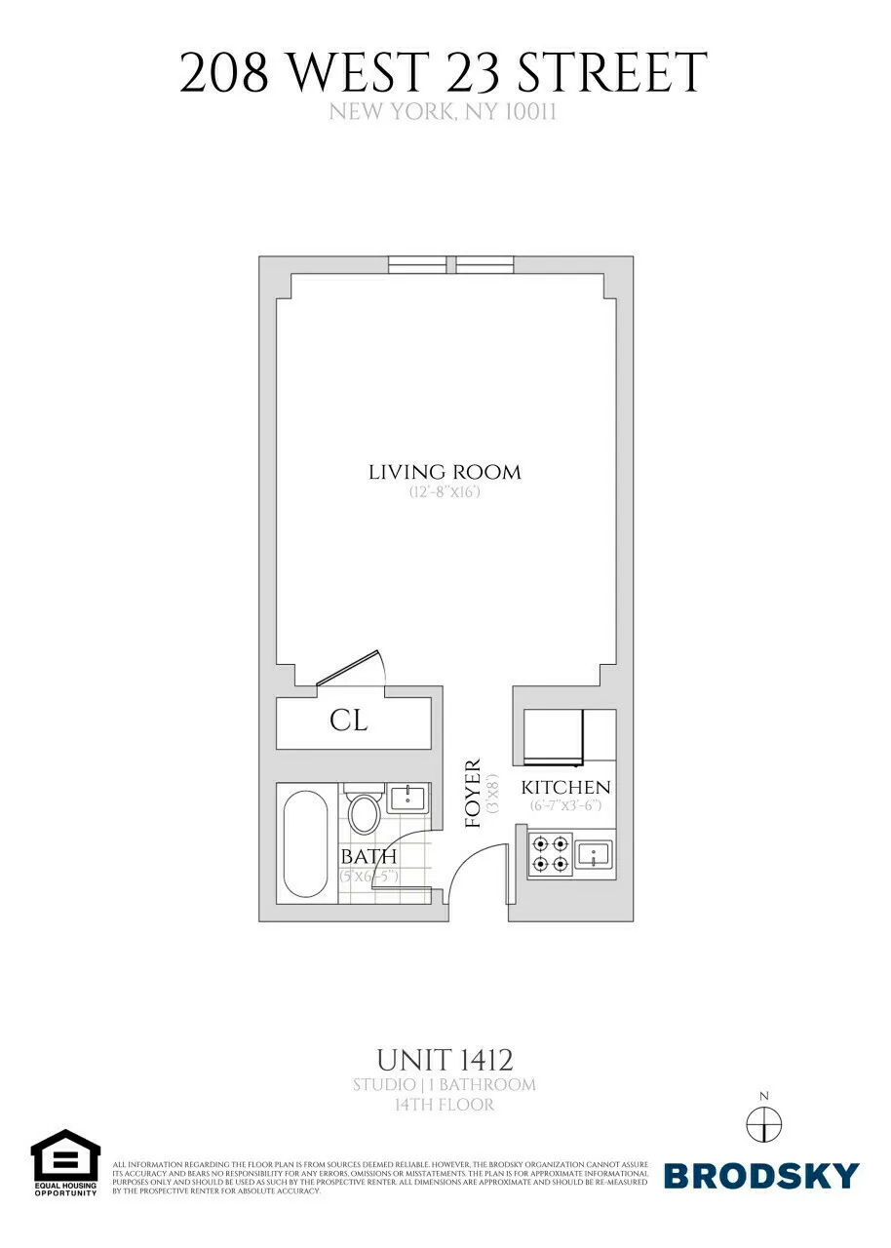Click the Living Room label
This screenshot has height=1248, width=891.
[445, 473]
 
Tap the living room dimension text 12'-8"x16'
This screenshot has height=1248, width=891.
[445, 493]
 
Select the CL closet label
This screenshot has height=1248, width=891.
[348, 721]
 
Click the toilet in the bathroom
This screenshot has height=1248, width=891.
[364, 812]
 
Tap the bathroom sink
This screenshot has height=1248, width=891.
[405, 798]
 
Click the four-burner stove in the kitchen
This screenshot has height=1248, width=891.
[550, 853]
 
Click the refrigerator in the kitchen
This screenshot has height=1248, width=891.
[554, 737]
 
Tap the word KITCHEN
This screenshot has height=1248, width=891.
[565, 788]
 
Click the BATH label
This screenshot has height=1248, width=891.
[368, 857]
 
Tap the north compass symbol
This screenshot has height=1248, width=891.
[763, 1124]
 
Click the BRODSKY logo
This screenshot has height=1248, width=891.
[761, 1175]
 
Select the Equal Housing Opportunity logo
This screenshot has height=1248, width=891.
[65, 1163]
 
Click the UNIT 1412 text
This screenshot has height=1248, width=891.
[445, 1059]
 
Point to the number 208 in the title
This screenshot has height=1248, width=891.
[223, 74]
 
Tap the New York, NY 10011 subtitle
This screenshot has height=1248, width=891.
[443, 112]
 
